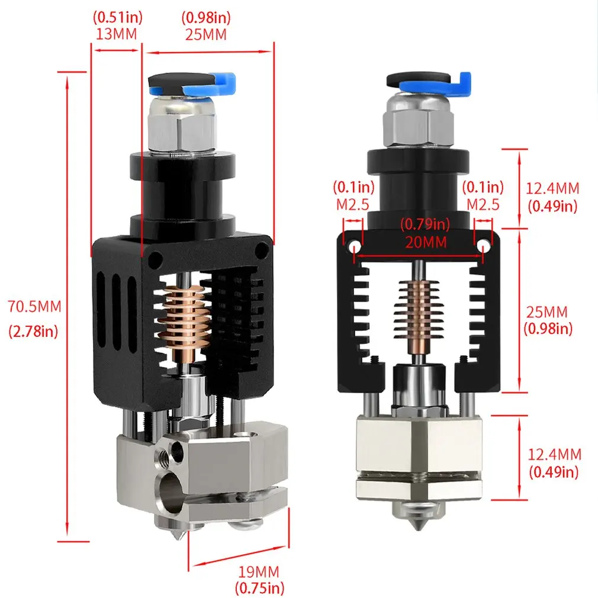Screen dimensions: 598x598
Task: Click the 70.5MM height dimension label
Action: point(34,306)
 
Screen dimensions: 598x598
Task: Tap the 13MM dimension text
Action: point(116,34)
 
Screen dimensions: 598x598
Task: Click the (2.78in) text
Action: point(34,332)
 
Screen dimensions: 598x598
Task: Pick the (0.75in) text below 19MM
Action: point(259,588)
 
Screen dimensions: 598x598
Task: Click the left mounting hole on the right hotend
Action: point(354,245)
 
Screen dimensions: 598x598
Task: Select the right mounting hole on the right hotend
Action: point(484,245)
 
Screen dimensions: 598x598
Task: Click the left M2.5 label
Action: point(353,204)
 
